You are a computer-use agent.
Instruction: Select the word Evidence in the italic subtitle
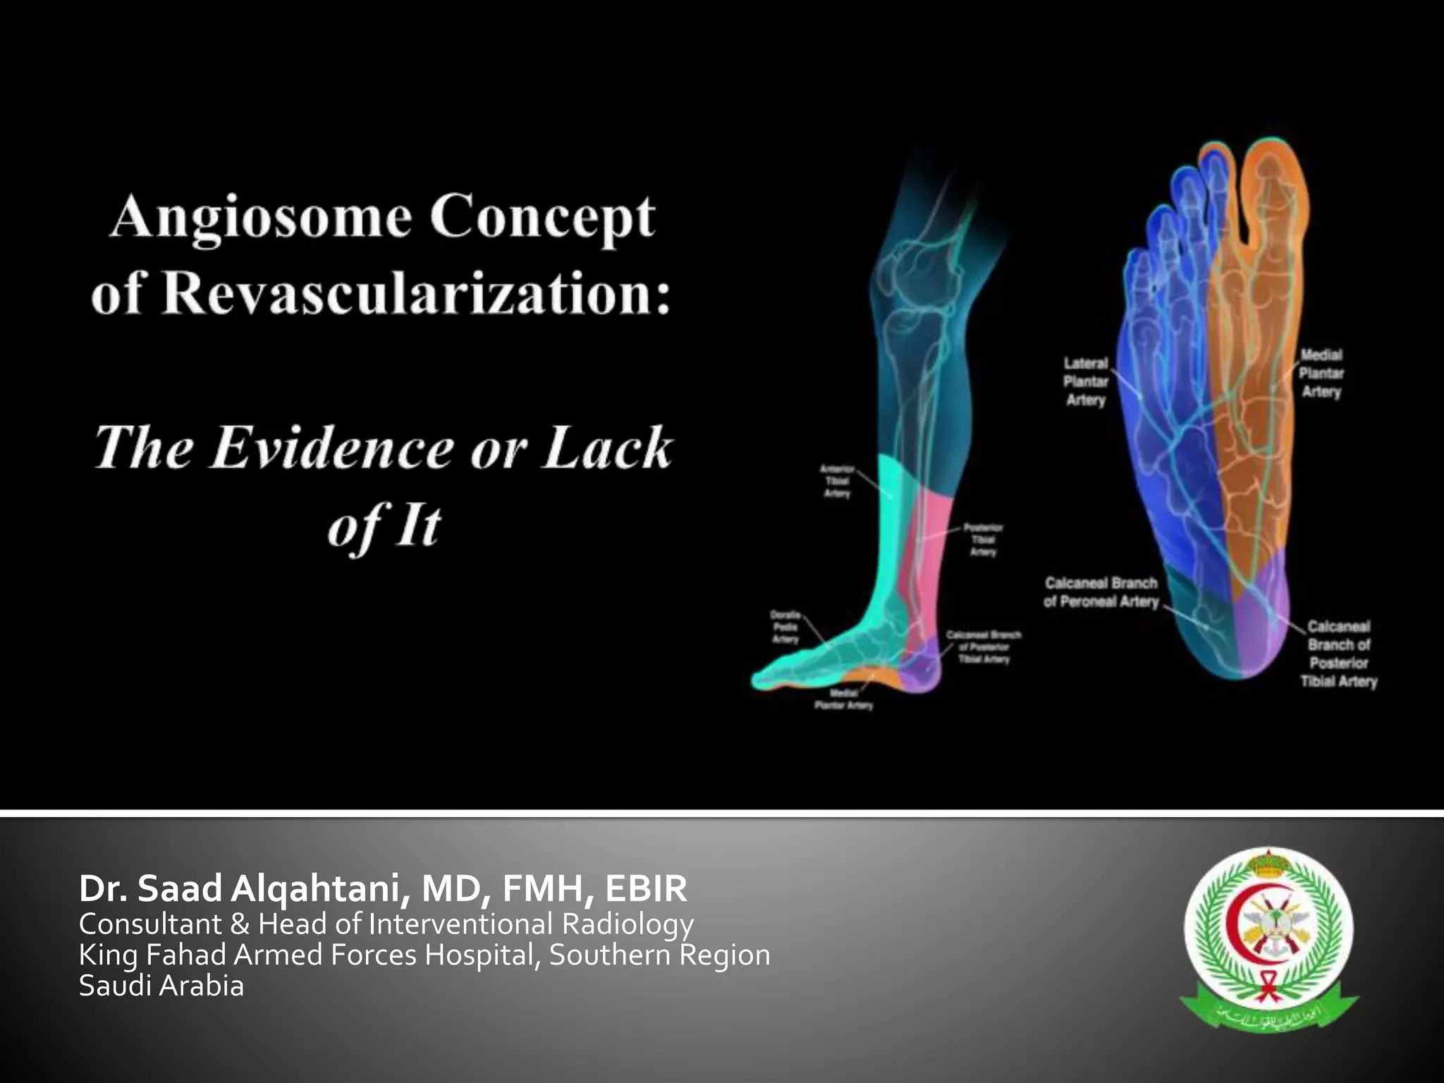pyautogui.click(x=332, y=448)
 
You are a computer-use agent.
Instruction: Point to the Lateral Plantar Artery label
pyautogui.click(x=1086, y=381)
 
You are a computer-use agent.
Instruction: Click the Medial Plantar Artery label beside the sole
pyautogui.click(x=1321, y=374)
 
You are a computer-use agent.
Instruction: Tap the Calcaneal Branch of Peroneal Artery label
pyautogui.click(x=1101, y=592)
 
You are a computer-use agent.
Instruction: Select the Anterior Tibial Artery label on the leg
pyautogui.click(x=837, y=482)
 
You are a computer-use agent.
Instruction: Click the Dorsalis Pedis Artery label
pyautogui.click(x=785, y=627)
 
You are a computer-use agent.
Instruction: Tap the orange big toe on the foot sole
pyautogui.click(x=1269, y=190)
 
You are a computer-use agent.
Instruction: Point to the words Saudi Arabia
pyautogui.click(x=161, y=985)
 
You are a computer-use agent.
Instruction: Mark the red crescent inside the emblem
pyautogui.click(x=1241, y=917)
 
